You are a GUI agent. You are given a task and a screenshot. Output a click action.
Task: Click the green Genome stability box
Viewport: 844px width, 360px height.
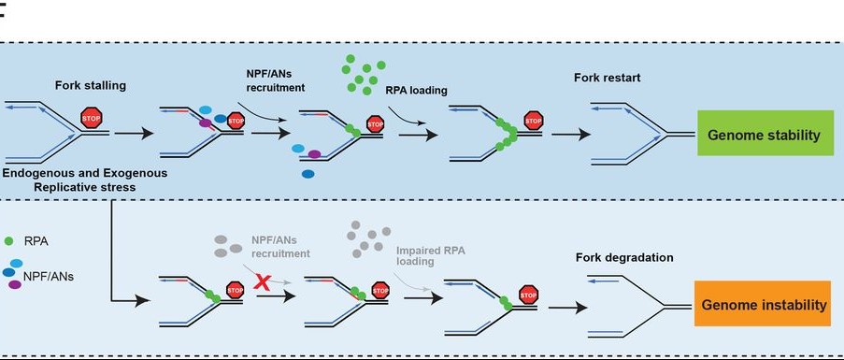pyautogui.click(x=764, y=136)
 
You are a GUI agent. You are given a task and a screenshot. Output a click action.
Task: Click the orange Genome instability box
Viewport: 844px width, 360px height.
pyautogui.click(x=762, y=305)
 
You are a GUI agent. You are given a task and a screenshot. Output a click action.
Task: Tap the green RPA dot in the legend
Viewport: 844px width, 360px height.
pyautogui.click(x=9, y=240)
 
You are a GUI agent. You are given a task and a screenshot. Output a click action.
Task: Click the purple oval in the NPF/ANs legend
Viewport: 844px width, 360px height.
pyautogui.click(x=14, y=283)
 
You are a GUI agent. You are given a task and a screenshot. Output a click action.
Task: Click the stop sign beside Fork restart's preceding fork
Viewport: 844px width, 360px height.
pyautogui.click(x=534, y=122)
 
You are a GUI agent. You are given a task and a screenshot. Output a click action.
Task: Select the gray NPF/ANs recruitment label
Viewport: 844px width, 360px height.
pyautogui.click(x=280, y=247)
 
